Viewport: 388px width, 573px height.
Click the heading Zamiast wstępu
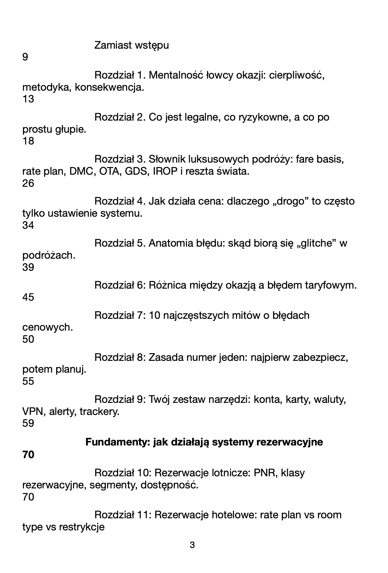tap(132, 45)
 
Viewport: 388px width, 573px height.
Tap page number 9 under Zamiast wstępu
tap(25, 57)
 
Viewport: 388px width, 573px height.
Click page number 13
tap(28, 99)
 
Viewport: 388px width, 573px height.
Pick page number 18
tap(28, 141)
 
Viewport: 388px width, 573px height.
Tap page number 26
tap(28, 183)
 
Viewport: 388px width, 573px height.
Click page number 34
tap(28, 225)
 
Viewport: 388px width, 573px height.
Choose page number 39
tap(28, 267)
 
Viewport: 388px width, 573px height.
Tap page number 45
tap(28, 297)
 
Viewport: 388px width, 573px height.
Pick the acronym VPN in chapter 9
tap(31, 412)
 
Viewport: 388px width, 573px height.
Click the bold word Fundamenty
tap(118, 442)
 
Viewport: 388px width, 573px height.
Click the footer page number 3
tap(192, 545)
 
